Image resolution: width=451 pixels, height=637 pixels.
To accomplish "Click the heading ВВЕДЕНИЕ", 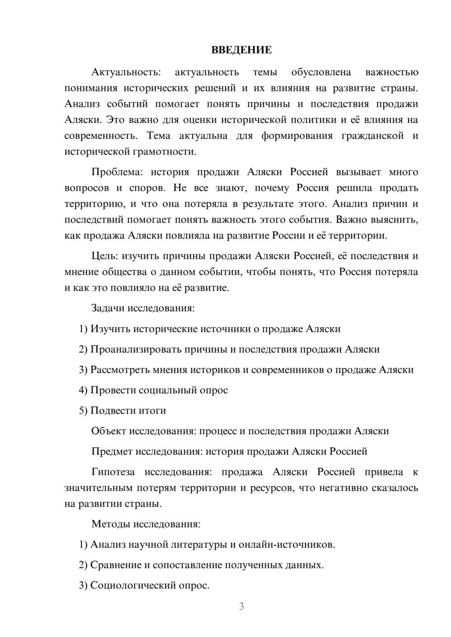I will point(241,50).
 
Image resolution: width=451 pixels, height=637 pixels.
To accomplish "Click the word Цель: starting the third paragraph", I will point(105,256).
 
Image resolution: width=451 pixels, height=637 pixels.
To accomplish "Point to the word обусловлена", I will point(321,72).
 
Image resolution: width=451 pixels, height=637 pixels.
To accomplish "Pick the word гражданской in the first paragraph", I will point(372,136).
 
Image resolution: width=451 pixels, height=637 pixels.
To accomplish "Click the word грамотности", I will point(164,151).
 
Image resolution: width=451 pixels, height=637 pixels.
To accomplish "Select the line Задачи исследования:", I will point(143,308).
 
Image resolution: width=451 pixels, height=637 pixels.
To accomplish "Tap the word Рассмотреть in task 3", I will point(120,370).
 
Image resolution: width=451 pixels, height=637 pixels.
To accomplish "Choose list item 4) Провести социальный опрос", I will point(153,390).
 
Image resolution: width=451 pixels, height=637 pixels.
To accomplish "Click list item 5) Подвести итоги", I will point(122,410).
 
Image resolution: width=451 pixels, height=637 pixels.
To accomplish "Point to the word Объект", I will point(109,431).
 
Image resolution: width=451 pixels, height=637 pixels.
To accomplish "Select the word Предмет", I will point(112,451).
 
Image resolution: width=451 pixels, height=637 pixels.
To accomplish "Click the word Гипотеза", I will point(113,472).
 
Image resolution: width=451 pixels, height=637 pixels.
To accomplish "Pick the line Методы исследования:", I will point(146,524).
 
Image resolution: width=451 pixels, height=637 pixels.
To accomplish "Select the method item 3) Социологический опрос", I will point(144,586).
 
